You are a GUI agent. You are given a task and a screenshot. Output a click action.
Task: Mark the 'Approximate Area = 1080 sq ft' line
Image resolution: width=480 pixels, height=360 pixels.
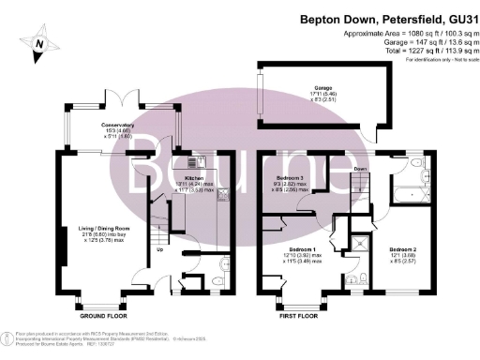pos(407,32)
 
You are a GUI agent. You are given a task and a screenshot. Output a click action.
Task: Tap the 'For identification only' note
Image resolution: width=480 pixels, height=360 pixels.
pos(434,60)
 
